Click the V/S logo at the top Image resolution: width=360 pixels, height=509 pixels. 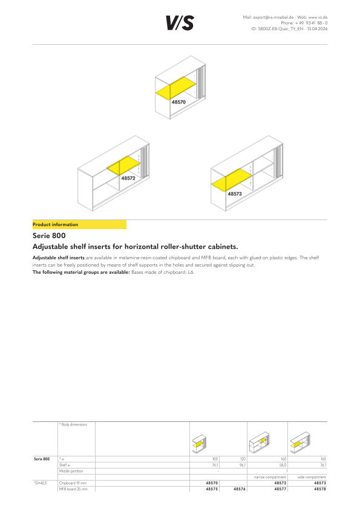coord(180,23)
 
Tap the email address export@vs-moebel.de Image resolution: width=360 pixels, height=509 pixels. coord(273,17)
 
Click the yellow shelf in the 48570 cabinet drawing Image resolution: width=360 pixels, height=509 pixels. coord(176,88)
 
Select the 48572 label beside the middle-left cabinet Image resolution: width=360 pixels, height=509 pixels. coord(128,178)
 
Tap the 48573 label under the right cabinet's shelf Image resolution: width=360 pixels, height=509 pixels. coord(235,194)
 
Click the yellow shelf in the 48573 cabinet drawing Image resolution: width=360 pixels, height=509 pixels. coord(232,179)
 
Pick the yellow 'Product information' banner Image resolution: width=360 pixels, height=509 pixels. coord(79,224)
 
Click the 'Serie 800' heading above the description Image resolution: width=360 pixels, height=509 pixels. coord(49,236)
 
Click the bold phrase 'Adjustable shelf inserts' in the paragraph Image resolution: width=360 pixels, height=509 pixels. coord(59,258)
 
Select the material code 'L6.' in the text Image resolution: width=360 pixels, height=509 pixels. coord(191,272)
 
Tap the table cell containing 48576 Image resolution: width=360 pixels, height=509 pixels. coord(240,489)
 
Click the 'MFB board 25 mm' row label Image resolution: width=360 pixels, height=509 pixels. coord(73,489)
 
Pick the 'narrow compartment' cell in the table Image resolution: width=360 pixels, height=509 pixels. coord(270,477)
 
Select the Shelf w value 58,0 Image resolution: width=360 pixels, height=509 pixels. coord(283,465)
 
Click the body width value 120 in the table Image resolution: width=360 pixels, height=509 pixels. coord(243,459)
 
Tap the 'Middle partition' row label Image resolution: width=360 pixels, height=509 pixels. coord(71,471)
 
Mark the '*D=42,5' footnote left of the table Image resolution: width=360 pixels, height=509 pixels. coord(41,483)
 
